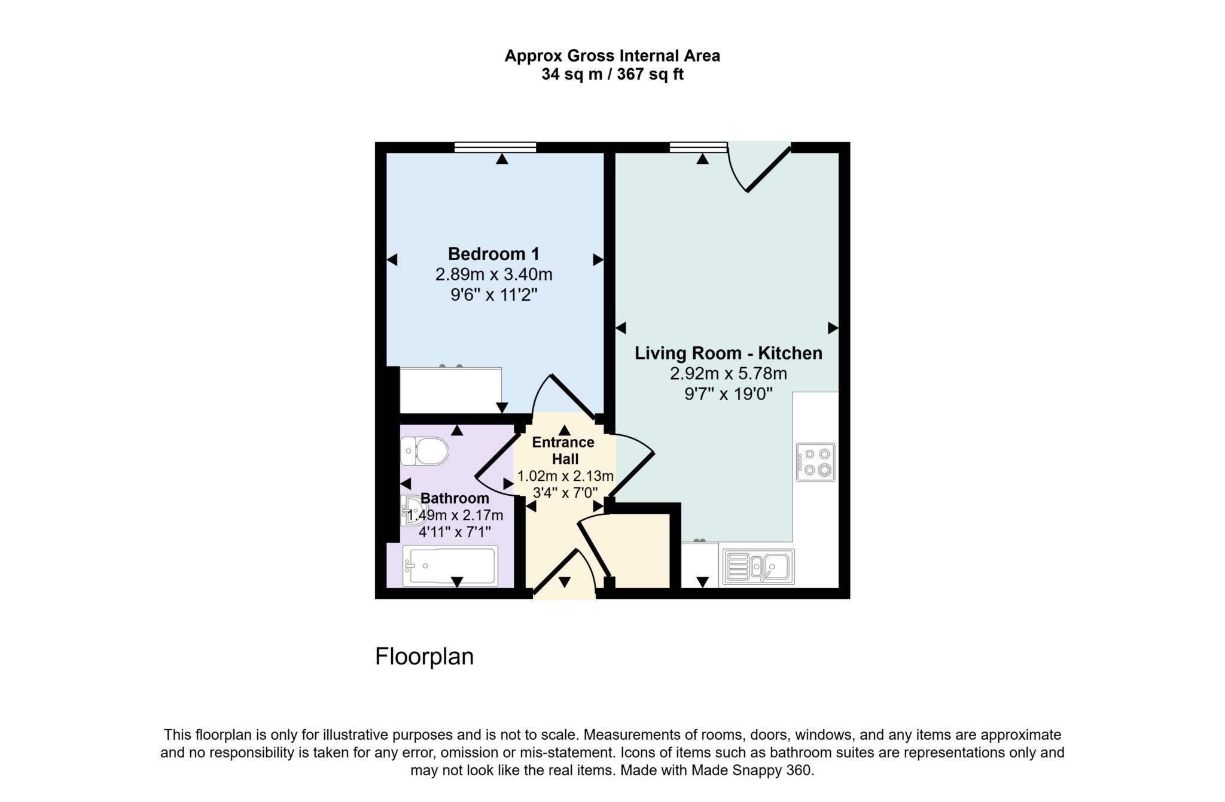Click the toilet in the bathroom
coord(425,451)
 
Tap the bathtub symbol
coord(450,565)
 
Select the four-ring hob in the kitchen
coord(815,462)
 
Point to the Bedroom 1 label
coord(493,254)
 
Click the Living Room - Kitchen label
coord(728,353)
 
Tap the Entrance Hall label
coord(563,450)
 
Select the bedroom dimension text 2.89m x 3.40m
coord(493,275)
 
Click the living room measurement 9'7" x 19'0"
coord(728,394)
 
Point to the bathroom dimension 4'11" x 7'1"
coord(455,532)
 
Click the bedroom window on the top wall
coord(495,147)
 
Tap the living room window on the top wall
coord(698,147)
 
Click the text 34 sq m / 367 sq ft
coord(612,75)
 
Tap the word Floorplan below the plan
coord(424,657)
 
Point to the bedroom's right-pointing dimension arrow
coord(598,260)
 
